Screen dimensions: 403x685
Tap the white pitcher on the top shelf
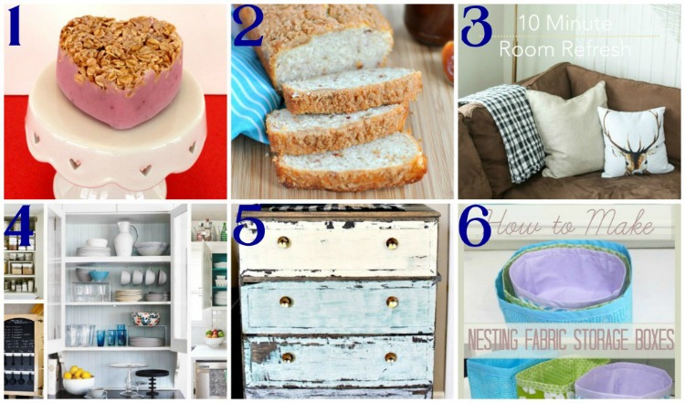[x=123, y=238]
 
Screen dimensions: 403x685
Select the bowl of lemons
[x=78, y=378]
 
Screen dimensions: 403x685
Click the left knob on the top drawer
[x=284, y=242]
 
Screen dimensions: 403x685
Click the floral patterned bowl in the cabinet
[x=145, y=319]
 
